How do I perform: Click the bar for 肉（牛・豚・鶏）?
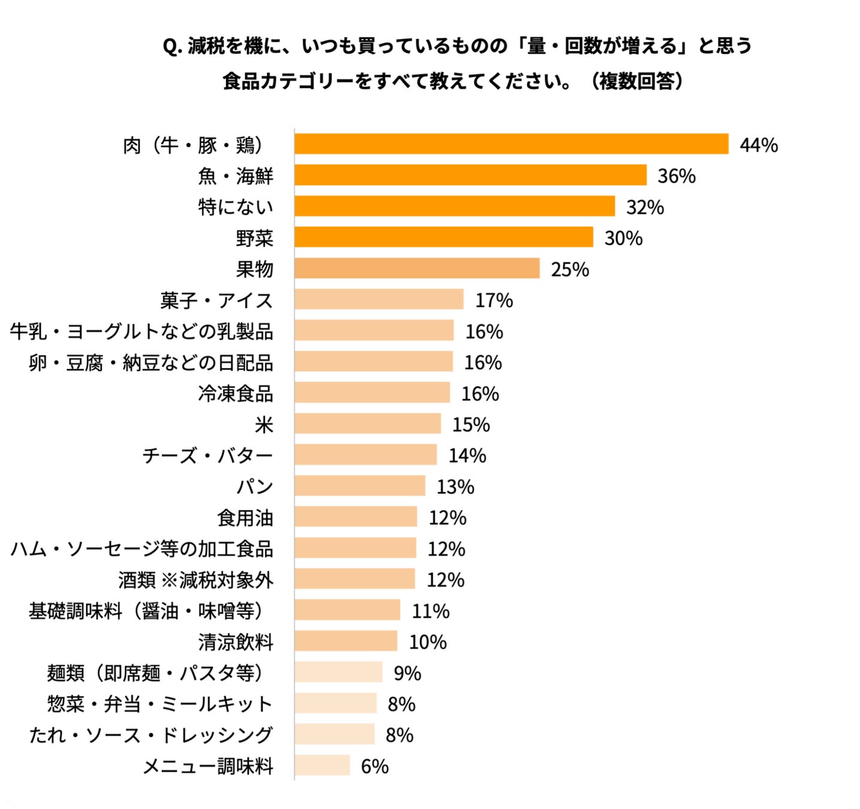[x=511, y=144]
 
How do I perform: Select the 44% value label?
[x=759, y=145]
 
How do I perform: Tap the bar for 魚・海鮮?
[x=470, y=175]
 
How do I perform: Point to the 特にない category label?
[x=236, y=207]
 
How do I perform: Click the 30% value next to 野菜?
[x=623, y=238]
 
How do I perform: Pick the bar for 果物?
[x=417, y=268]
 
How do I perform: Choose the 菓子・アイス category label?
[x=216, y=301]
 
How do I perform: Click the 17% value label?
[x=494, y=301]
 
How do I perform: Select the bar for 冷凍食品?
[x=372, y=393]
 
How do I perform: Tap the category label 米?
[x=264, y=425]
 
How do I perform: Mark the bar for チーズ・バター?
[x=366, y=454]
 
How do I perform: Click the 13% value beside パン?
[x=455, y=487]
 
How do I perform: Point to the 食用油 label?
[x=245, y=518]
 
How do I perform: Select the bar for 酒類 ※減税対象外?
[x=355, y=579]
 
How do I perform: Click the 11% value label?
[x=430, y=611]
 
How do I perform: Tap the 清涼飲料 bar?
[x=346, y=641]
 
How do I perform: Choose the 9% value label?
[x=407, y=674]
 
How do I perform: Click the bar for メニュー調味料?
[x=322, y=765]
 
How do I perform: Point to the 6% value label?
[x=375, y=766]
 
